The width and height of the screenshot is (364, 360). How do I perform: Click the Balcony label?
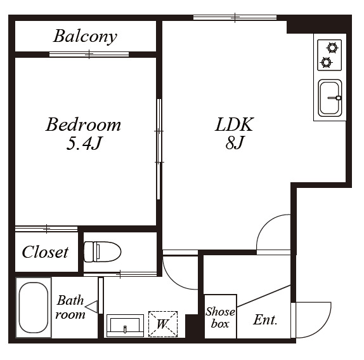85,36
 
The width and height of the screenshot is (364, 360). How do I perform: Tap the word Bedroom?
83,124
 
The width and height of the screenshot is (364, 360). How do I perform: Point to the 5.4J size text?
84,143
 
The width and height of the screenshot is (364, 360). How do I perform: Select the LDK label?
234,124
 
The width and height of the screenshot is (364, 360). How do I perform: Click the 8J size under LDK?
235,142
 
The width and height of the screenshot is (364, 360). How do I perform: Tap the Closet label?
45,252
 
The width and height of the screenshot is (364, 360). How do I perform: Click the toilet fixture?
102,251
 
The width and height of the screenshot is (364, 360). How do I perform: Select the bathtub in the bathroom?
34,307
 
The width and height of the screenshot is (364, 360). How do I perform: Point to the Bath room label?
70,307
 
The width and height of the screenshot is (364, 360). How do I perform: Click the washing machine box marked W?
163,324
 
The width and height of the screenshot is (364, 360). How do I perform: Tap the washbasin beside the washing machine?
125,326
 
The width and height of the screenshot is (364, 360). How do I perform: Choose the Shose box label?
220,317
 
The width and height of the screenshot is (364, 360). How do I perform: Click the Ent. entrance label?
265,320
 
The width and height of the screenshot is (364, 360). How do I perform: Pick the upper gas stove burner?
332,48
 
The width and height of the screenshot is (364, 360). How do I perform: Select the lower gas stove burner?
326,62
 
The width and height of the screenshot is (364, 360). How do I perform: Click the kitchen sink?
330,98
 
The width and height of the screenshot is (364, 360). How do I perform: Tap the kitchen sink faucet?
335,98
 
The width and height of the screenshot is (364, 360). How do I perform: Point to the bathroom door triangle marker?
91,307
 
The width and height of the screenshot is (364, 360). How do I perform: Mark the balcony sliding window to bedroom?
89,55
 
